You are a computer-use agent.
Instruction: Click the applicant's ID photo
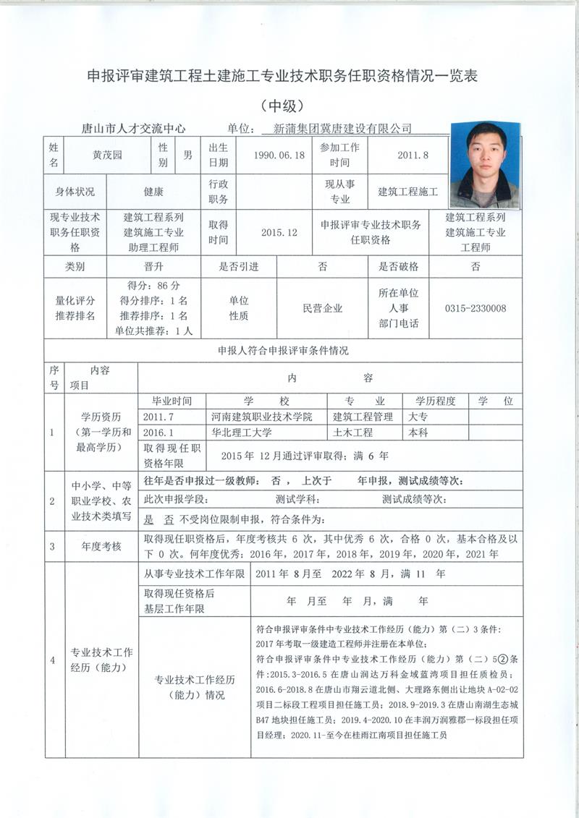pyautogui.click(x=484, y=166)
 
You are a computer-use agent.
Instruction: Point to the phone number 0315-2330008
pyautogui.click(x=476, y=308)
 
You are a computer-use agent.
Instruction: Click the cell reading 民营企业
pyautogui.click(x=322, y=308)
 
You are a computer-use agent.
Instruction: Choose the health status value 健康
pyautogui.click(x=153, y=192)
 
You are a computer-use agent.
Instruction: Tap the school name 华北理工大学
pyautogui.click(x=241, y=433)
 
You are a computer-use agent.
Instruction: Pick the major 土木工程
pyautogui.click(x=352, y=433)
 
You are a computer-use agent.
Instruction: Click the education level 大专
pyautogui.click(x=418, y=417)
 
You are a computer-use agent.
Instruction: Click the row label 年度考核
pyautogui.click(x=101, y=547)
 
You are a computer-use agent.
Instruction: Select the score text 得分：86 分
pyautogui.click(x=153, y=285)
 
